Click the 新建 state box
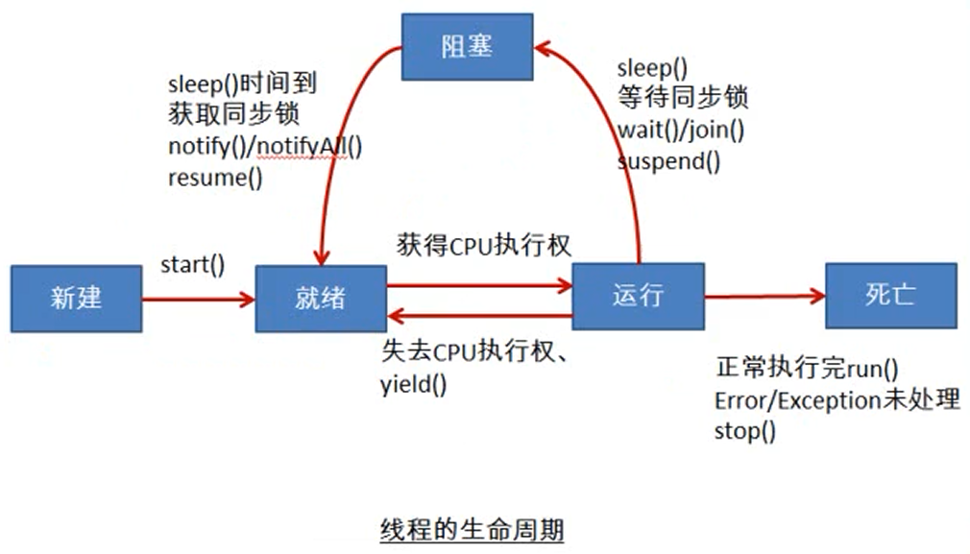point(76,298)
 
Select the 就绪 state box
point(320,298)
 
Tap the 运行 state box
point(638,296)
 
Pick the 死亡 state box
point(890,296)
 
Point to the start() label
point(192,265)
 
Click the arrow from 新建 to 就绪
point(198,300)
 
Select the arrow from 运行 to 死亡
point(764,297)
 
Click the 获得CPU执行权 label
point(484,245)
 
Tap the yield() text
point(413,387)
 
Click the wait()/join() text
point(681,130)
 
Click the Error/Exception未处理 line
point(837,400)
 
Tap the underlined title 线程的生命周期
point(471,530)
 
